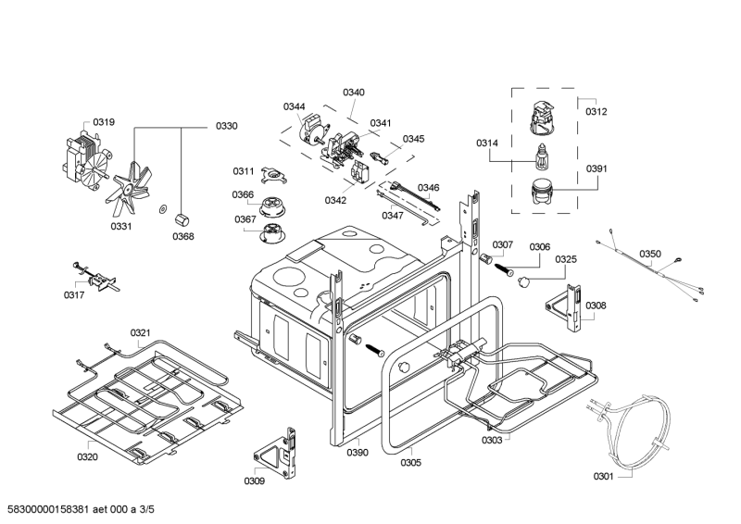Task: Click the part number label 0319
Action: tap(104, 122)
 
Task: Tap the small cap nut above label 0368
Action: tap(181, 219)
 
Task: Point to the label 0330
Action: tap(227, 126)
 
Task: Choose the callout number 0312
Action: tap(597, 111)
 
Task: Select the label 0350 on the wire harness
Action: tap(650, 255)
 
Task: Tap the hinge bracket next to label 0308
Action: tap(565, 308)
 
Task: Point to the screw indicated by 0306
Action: tap(504, 270)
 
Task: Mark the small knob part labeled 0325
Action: tap(523, 282)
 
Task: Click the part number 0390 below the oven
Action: tap(358, 453)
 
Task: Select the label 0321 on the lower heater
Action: tap(141, 333)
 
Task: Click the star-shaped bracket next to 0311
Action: tap(274, 176)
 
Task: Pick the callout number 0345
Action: tap(413, 139)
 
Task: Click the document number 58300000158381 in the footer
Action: tap(48, 509)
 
